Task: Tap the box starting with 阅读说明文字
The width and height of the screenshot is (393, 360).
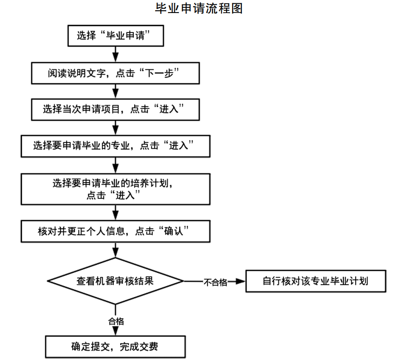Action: pos(116,73)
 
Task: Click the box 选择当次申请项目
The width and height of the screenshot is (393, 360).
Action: pos(116,109)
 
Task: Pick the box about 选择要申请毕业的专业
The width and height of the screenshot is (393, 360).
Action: pos(116,146)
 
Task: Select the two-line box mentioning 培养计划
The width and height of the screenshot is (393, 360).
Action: pos(116,189)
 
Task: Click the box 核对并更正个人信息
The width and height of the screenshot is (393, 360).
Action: pos(116,231)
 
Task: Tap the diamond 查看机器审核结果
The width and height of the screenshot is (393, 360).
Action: pos(116,281)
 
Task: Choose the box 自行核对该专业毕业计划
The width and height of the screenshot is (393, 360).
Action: pos(316,281)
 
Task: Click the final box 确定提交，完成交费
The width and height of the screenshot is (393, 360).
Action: pos(116,346)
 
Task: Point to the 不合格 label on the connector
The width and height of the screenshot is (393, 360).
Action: pos(215,282)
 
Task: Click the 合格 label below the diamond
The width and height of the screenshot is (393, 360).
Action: pos(116,321)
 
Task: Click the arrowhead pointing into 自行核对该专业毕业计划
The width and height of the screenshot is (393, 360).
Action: pos(241,281)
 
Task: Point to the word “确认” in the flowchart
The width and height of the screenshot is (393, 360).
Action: pos(176,231)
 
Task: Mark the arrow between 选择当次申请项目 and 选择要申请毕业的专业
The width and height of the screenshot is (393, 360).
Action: pos(116,128)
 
